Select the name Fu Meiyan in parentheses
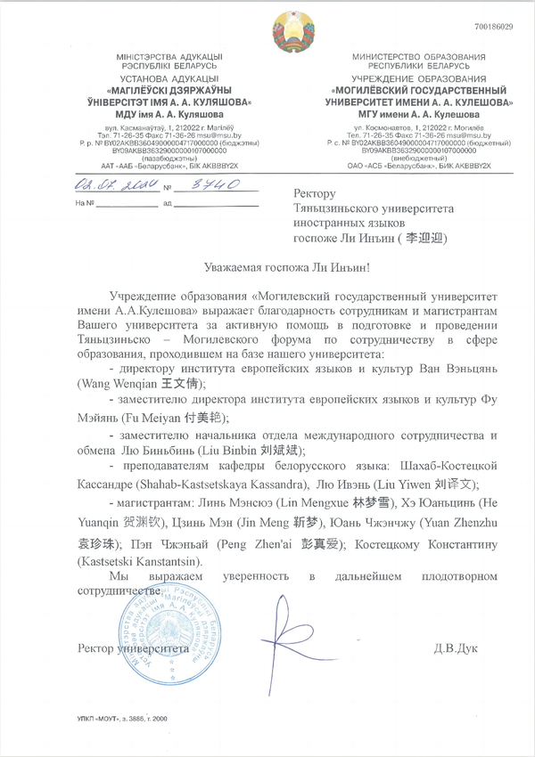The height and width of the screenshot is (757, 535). click(122, 418)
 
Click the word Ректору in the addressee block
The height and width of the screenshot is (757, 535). click(314, 192)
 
